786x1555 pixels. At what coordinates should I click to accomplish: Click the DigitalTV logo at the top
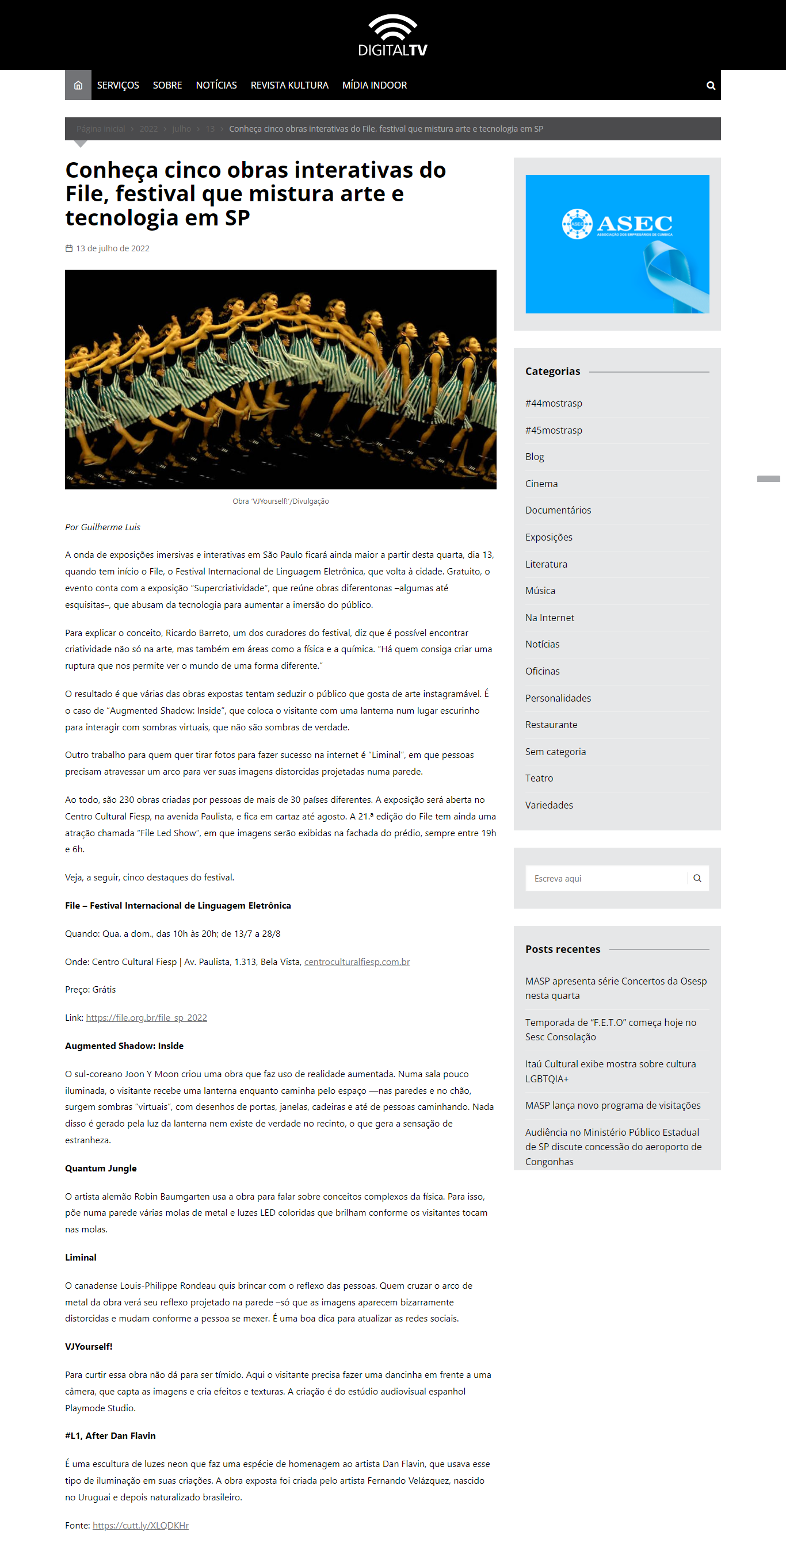point(392,35)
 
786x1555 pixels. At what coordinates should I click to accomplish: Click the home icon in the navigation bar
point(78,86)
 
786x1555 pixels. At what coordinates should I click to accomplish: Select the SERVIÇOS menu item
point(118,86)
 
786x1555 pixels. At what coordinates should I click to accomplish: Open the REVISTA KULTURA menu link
point(289,86)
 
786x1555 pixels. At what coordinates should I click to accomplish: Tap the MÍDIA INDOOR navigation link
point(375,86)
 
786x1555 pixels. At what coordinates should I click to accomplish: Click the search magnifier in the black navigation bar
point(711,86)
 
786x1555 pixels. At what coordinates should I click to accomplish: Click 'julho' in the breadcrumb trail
point(181,129)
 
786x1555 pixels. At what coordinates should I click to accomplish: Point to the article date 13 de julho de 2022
point(112,248)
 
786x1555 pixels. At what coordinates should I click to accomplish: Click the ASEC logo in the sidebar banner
point(617,224)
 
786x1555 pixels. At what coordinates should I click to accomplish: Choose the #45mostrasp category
point(554,430)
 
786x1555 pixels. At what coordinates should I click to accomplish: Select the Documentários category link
point(558,511)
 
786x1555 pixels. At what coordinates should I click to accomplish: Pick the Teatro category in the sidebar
point(539,779)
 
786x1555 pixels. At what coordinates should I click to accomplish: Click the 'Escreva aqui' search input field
point(606,879)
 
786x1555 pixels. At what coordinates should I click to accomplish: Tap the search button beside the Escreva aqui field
point(697,879)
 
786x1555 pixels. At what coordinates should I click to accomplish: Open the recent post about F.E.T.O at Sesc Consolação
point(610,1030)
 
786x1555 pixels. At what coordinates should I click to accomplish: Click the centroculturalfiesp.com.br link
point(356,962)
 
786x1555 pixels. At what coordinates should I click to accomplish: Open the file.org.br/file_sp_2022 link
point(146,1018)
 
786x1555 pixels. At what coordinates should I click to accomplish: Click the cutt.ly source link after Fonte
point(140,1526)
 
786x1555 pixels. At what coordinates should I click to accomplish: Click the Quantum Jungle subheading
point(101,1169)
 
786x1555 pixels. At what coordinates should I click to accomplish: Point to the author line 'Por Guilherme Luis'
point(102,527)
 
